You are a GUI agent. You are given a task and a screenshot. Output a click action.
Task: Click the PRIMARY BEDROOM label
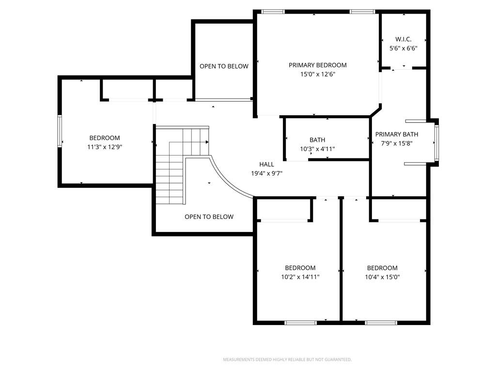tap(318, 65)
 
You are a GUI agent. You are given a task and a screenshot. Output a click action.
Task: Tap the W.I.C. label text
tap(403, 39)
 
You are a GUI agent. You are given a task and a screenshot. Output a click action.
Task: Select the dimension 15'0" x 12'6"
tap(318, 74)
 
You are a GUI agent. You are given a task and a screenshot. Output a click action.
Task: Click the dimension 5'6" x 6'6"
tap(403, 48)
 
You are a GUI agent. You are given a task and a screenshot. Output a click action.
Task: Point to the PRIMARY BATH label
tap(397, 134)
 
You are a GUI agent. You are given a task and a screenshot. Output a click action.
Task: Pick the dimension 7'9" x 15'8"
tap(397, 143)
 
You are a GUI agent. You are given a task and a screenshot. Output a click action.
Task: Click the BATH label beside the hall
tap(317, 140)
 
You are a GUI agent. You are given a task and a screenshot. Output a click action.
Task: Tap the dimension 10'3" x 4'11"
tap(317, 149)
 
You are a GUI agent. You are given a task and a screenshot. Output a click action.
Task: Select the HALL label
tap(267, 164)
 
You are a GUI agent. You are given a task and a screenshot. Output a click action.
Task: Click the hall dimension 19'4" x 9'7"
tap(267, 173)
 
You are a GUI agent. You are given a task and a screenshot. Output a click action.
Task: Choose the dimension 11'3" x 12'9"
tap(105, 147)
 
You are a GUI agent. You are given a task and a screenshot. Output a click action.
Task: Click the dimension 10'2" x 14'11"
tap(300, 277)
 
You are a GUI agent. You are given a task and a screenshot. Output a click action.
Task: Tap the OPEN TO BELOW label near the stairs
tap(209, 217)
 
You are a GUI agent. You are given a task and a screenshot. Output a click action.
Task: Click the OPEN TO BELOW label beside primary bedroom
tap(224, 66)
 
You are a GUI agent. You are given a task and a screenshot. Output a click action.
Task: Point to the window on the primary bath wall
tap(436, 142)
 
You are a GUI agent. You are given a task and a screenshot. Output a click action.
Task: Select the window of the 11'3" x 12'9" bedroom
tap(60, 131)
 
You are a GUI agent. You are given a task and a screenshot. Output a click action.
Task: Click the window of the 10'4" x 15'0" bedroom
tap(381, 323)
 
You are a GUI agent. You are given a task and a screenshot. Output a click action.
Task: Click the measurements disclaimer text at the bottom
tap(287, 360)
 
